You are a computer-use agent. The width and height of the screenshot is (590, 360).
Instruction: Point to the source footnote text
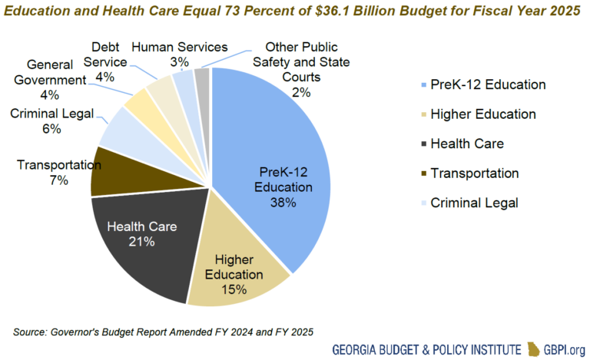[161, 332]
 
